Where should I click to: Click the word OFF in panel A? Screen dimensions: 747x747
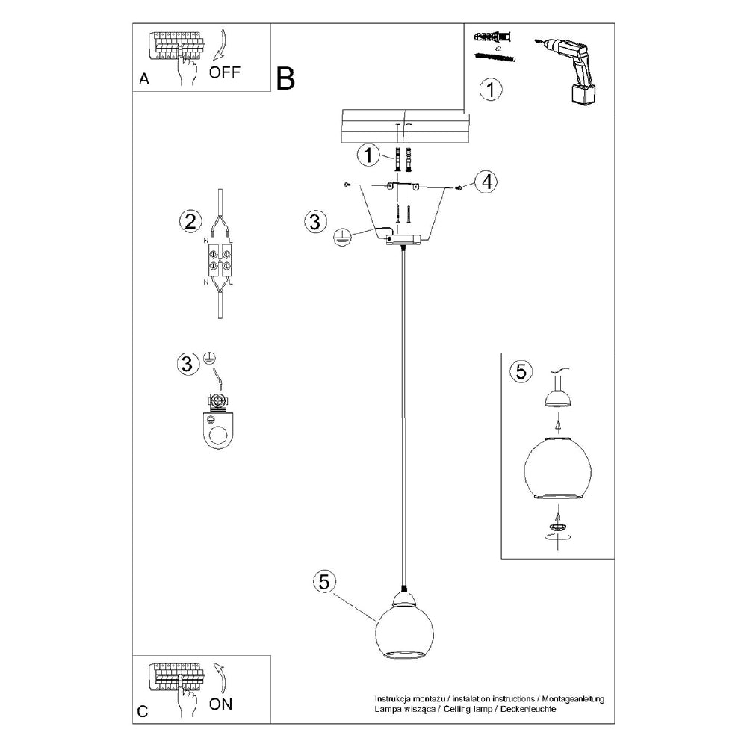pos(224,72)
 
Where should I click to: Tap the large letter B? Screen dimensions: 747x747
pos(285,78)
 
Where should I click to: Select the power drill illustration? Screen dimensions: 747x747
pos(566,70)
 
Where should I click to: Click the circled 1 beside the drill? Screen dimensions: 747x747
pos(491,89)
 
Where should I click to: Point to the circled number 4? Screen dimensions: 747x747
pos(486,182)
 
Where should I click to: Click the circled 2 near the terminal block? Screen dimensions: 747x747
pos(190,222)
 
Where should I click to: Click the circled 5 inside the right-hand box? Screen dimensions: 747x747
pos(521,371)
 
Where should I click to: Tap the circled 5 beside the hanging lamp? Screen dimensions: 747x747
pos(324,581)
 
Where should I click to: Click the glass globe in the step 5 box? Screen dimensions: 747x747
pos(557,468)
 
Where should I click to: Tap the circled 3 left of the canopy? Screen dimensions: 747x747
pos(315,222)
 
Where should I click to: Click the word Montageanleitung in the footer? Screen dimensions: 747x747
pos(574,699)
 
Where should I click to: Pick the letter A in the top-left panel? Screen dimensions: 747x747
pos(144,78)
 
